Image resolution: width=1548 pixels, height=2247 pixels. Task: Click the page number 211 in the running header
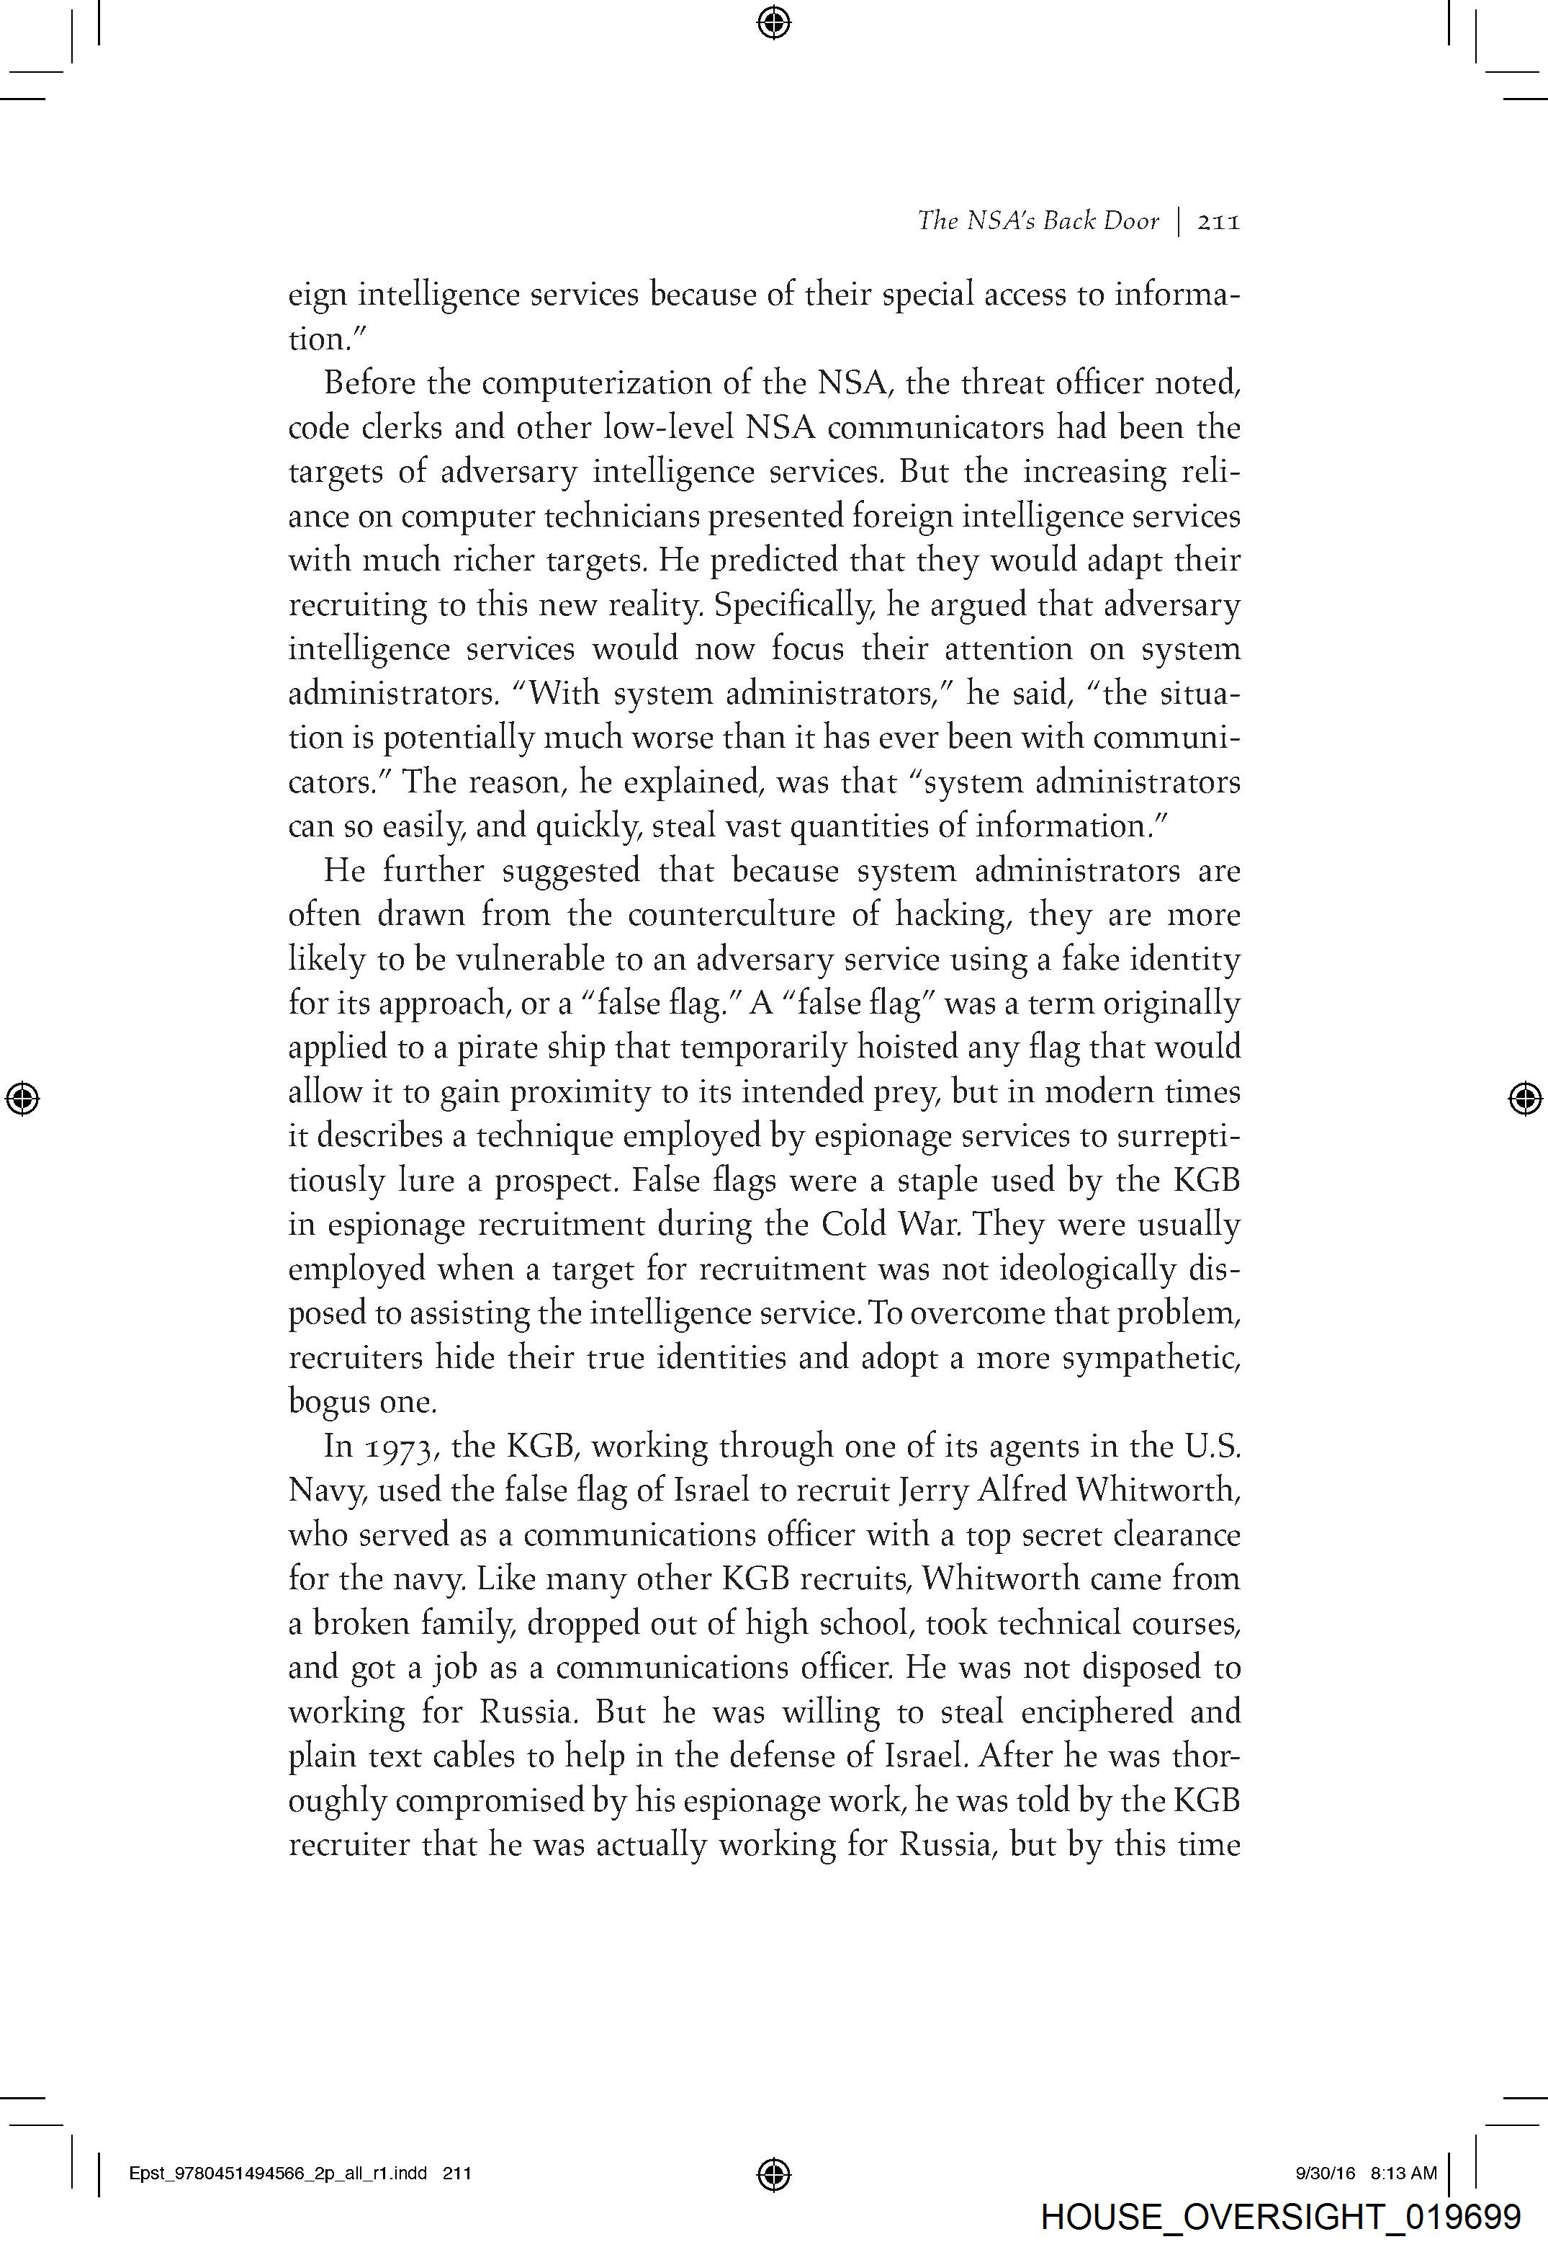1218,222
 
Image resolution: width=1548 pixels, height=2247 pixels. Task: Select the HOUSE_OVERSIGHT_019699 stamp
1280,2217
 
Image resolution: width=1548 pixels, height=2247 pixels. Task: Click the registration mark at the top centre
773,22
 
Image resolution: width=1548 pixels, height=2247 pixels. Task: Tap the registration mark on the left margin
22,1098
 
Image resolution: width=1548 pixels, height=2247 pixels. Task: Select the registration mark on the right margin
1526,1098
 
